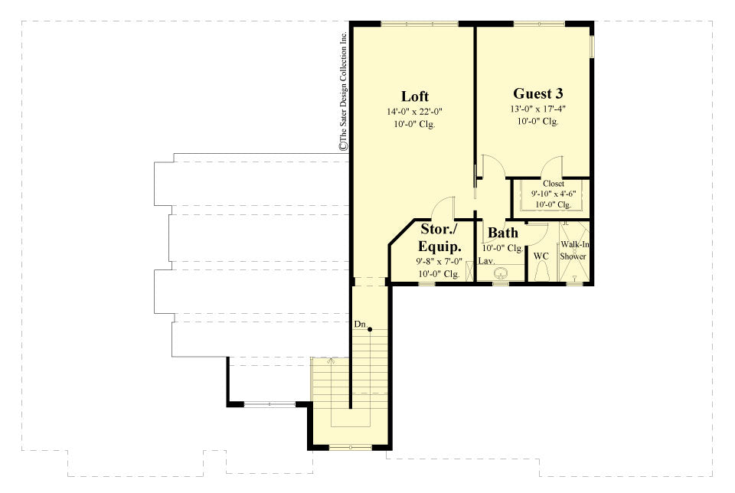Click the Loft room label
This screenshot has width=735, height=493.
click(x=414, y=96)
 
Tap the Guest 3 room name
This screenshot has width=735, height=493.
click(x=538, y=93)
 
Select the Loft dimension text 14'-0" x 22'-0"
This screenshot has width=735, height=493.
click(x=414, y=112)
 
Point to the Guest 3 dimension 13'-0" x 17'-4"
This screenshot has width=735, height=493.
click(x=538, y=109)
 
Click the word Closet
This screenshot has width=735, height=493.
click(x=553, y=184)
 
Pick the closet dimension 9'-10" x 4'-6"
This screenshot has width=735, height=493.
click(x=553, y=194)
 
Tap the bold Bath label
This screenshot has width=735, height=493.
click(x=503, y=233)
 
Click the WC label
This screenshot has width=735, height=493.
click(x=541, y=256)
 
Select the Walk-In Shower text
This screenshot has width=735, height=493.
click(x=573, y=250)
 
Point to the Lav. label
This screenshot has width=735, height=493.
click(x=486, y=262)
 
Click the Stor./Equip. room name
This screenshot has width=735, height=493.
click(x=439, y=238)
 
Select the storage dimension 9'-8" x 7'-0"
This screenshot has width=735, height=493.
click(x=439, y=262)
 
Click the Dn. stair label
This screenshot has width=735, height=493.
click(x=359, y=325)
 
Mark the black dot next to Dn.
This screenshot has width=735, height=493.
click(x=370, y=330)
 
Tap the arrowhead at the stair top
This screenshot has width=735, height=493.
click(x=332, y=359)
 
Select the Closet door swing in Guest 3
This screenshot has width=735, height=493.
click(x=553, y=166)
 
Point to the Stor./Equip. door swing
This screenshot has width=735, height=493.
click(x=443, y=208)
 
